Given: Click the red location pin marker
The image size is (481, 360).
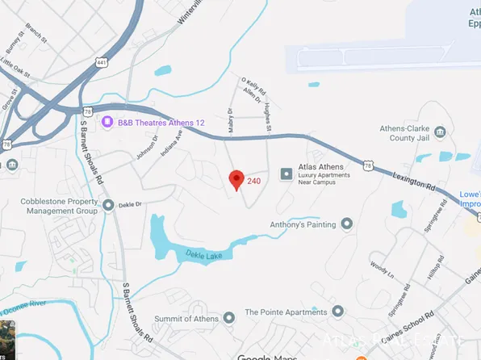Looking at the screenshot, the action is click(236, 179).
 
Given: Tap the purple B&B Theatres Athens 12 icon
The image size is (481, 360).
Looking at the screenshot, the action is click(106, 122).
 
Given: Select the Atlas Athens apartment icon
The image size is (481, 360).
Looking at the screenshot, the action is click(285, 174).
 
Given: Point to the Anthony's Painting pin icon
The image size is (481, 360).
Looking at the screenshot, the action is click(347, 224).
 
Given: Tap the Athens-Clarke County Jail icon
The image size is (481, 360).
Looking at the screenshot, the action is click(439, 132).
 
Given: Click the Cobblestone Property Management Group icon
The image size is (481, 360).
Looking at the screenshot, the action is click(109, 205).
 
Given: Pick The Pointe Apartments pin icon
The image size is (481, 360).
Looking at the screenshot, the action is click(337, 312).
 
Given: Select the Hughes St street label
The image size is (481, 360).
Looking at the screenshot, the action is click(267, 122).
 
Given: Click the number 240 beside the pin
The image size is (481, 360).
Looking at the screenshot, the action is click(253, 182).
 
